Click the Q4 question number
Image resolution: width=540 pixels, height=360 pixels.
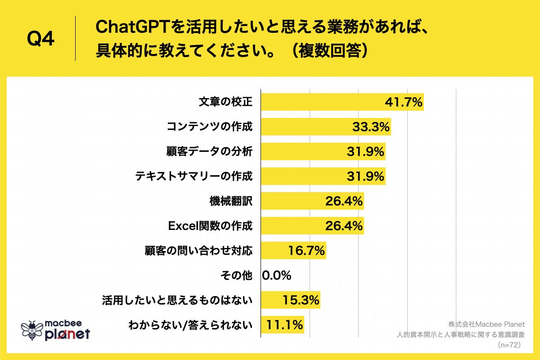(41, 39)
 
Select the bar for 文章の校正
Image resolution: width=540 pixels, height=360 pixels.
(342, 102)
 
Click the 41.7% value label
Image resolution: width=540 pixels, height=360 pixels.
(404, 102)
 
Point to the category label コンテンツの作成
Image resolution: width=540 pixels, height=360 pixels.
(210, 127)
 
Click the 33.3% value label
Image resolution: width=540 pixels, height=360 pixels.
(370, 127)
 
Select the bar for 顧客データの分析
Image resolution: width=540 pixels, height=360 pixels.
(323, 152)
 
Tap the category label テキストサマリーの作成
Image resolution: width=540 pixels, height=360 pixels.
(194, 176)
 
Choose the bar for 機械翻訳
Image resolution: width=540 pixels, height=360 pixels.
(312, 201)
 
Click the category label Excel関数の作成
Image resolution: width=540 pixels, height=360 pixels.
(210, 226)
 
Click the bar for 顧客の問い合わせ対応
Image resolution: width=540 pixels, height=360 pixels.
(293, 251)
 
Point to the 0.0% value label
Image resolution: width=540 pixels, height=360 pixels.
(277, 275)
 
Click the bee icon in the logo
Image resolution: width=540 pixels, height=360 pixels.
(32, 330)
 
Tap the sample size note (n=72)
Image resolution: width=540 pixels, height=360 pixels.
(509, 345)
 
